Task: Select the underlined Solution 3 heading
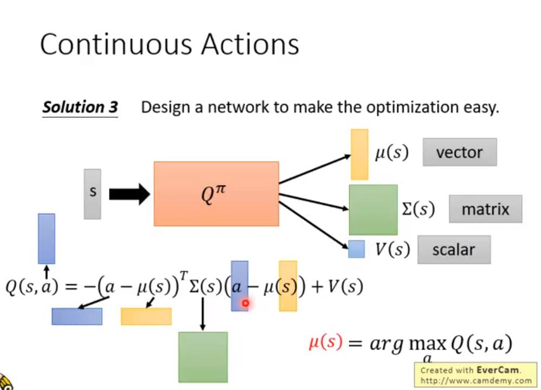point(80,107)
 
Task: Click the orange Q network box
point(216,194)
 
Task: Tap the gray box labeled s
point(92,194)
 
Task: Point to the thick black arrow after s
point(129,194)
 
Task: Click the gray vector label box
point(459,152)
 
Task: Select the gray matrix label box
point(485,209)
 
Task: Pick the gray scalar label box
point(454,250)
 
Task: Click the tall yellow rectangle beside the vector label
point(359,154)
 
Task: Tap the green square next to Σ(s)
point(373,209)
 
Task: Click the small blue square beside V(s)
point(356,249)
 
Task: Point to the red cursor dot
point(245,304)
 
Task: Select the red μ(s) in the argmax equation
point(326,343)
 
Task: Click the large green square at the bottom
point(203,356)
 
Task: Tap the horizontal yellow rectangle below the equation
point(146,316)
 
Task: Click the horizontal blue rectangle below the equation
point(77,316)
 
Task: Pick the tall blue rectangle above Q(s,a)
point(47,239)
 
